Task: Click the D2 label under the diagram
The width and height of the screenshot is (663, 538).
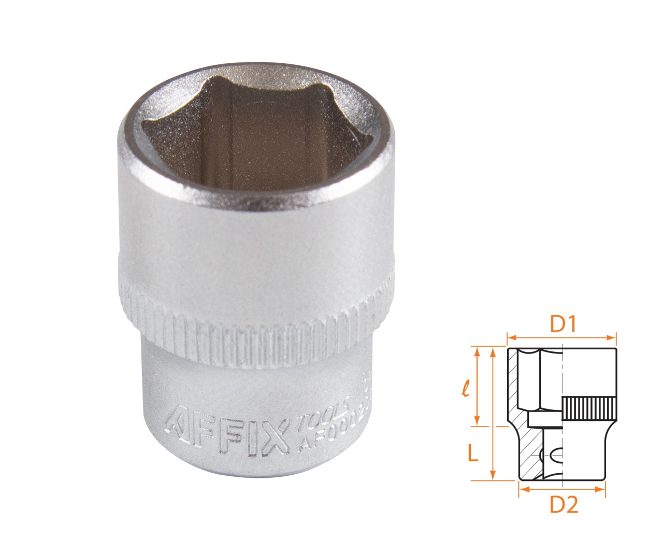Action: click(564, 505)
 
